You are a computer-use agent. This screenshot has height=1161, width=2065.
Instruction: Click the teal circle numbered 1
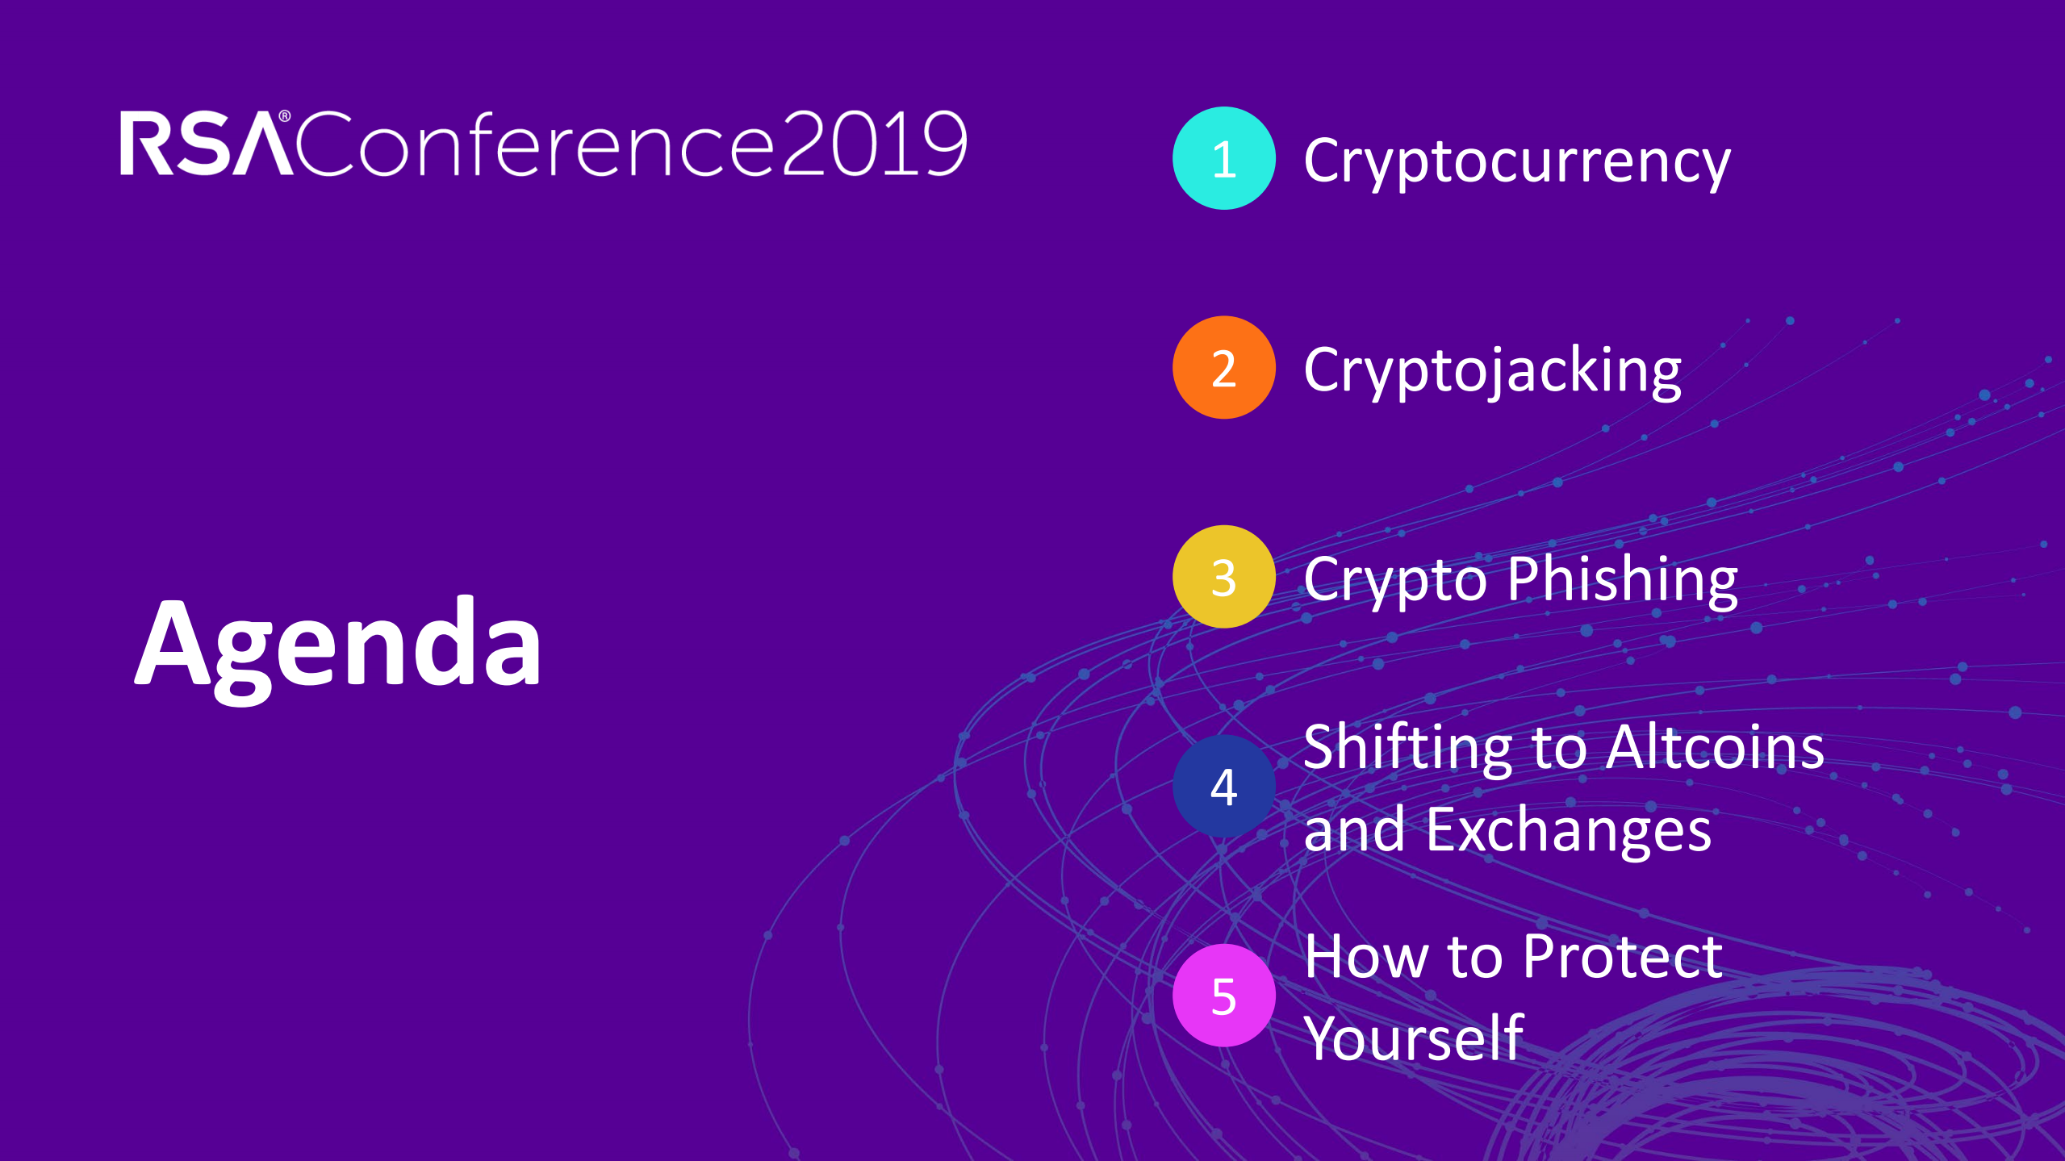tap(1223, 158)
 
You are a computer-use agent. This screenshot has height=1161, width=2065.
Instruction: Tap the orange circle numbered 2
tap(1223, 367)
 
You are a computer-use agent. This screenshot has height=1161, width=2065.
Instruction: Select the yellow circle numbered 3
tap(1223, 577)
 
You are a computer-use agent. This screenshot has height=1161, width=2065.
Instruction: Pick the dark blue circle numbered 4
tap(1223, 786)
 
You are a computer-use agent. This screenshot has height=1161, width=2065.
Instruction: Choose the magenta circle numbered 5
tap(1223, 995)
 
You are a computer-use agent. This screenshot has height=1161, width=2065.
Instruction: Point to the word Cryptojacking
tap(1493, 372)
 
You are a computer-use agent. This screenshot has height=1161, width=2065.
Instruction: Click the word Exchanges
tap(1568, 831)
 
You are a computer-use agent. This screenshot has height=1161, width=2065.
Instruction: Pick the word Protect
tap(1623, 957)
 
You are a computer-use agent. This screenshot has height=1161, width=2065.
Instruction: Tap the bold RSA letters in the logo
tap(206, 144)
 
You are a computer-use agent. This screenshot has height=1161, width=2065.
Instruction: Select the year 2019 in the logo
tap(875, 144)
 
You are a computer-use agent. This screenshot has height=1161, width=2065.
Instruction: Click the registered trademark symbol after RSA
tap(285, 117)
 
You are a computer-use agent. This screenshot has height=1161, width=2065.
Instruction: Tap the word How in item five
tap(1367, 957)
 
